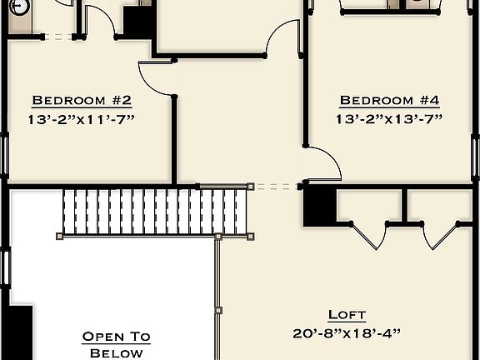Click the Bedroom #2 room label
(x=81, y=101)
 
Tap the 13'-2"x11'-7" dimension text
(x=81, y=120)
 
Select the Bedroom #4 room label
(x=388, y=101)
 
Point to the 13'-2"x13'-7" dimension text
(x=388, y=120)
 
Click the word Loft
(x=346, y=314)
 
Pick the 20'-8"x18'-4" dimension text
(x=347, y=333)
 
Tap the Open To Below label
(x=116, y=344)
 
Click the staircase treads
(x=155, y=212)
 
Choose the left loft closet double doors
(x=369, y=234)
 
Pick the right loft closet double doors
(x=441, y=234)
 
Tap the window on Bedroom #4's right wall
(x=476, y=154)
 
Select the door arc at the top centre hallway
(x=283, y=37)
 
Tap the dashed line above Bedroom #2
(x=56, y=36)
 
